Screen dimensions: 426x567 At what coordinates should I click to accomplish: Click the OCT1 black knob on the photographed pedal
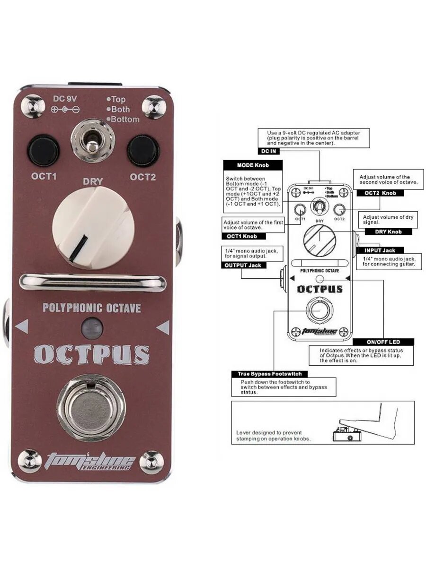(x=44, y=151)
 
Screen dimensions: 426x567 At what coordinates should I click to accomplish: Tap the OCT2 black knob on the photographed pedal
(x=142, y=151)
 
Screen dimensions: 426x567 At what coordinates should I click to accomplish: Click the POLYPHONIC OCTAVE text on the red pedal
(x=92, y=308)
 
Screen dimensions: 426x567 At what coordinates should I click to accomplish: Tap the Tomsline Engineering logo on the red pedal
(x=90, y=461)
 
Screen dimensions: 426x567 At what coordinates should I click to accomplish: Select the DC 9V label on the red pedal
(x=65, y=99)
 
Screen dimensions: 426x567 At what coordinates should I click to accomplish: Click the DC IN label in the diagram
(x=268, y=151)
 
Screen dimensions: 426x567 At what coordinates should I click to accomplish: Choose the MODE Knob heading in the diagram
(x=253, y=165)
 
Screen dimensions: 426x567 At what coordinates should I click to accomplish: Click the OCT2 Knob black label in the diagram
(x=383, y=193)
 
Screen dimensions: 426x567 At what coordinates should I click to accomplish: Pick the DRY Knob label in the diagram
(x=388, y=232)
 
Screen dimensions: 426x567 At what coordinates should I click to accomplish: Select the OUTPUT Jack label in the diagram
(x=242, y=265)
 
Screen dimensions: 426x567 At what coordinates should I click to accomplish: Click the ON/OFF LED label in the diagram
(x=383, y=341)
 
